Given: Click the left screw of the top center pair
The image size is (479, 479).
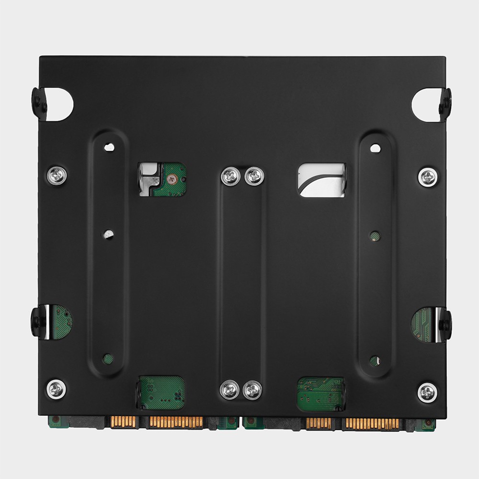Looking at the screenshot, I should tap(230, 176).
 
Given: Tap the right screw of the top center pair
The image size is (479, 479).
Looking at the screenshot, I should tap(254, 176).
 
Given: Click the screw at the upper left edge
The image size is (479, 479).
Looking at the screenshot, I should tap(57, 176).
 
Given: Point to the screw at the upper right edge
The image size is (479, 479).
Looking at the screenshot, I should tap(427, 177).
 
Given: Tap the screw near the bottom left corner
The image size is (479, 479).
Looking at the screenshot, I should tap(57, 389).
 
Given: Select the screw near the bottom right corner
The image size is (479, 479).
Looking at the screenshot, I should tap(427, 392).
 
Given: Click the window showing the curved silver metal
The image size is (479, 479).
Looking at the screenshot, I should tap(321, 180).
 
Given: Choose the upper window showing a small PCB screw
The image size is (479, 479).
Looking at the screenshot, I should tap(161, 179).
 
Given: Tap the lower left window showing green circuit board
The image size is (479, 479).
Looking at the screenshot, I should tap(161, 392).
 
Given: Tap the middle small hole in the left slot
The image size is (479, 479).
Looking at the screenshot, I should tap(109, 235).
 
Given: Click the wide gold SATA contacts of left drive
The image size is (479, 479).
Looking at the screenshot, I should tap(175, 422).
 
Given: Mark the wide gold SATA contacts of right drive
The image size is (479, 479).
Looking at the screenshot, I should tap(372, 423).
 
